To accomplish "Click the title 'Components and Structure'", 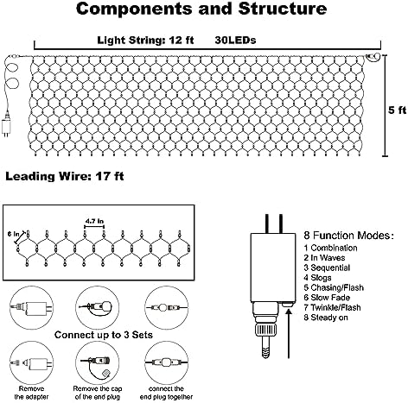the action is click(201, 9).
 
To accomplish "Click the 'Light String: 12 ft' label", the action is click(145, 40).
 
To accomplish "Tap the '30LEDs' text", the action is click(235, 40).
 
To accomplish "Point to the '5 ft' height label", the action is click(397, 110).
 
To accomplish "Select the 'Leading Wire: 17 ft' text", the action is click(65, 176).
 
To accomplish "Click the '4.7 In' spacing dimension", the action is click(94, 221).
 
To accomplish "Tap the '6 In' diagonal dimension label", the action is click(11, 234).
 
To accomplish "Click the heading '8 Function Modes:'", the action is click(348, 236).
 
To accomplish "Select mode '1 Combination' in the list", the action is click(330, 248).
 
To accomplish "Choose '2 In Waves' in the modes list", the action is click(324, 258).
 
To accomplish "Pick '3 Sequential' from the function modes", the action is click(327, 268).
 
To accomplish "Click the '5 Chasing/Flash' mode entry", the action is click(334, 287).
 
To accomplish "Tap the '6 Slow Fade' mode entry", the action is click(327, 298).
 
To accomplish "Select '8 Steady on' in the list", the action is click(326, 318).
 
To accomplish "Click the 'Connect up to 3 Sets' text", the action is click(104, 335).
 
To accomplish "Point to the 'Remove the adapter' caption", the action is click(31, 393).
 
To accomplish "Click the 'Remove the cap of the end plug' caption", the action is click(98, 393).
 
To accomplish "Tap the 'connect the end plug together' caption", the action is click(166, 393).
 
